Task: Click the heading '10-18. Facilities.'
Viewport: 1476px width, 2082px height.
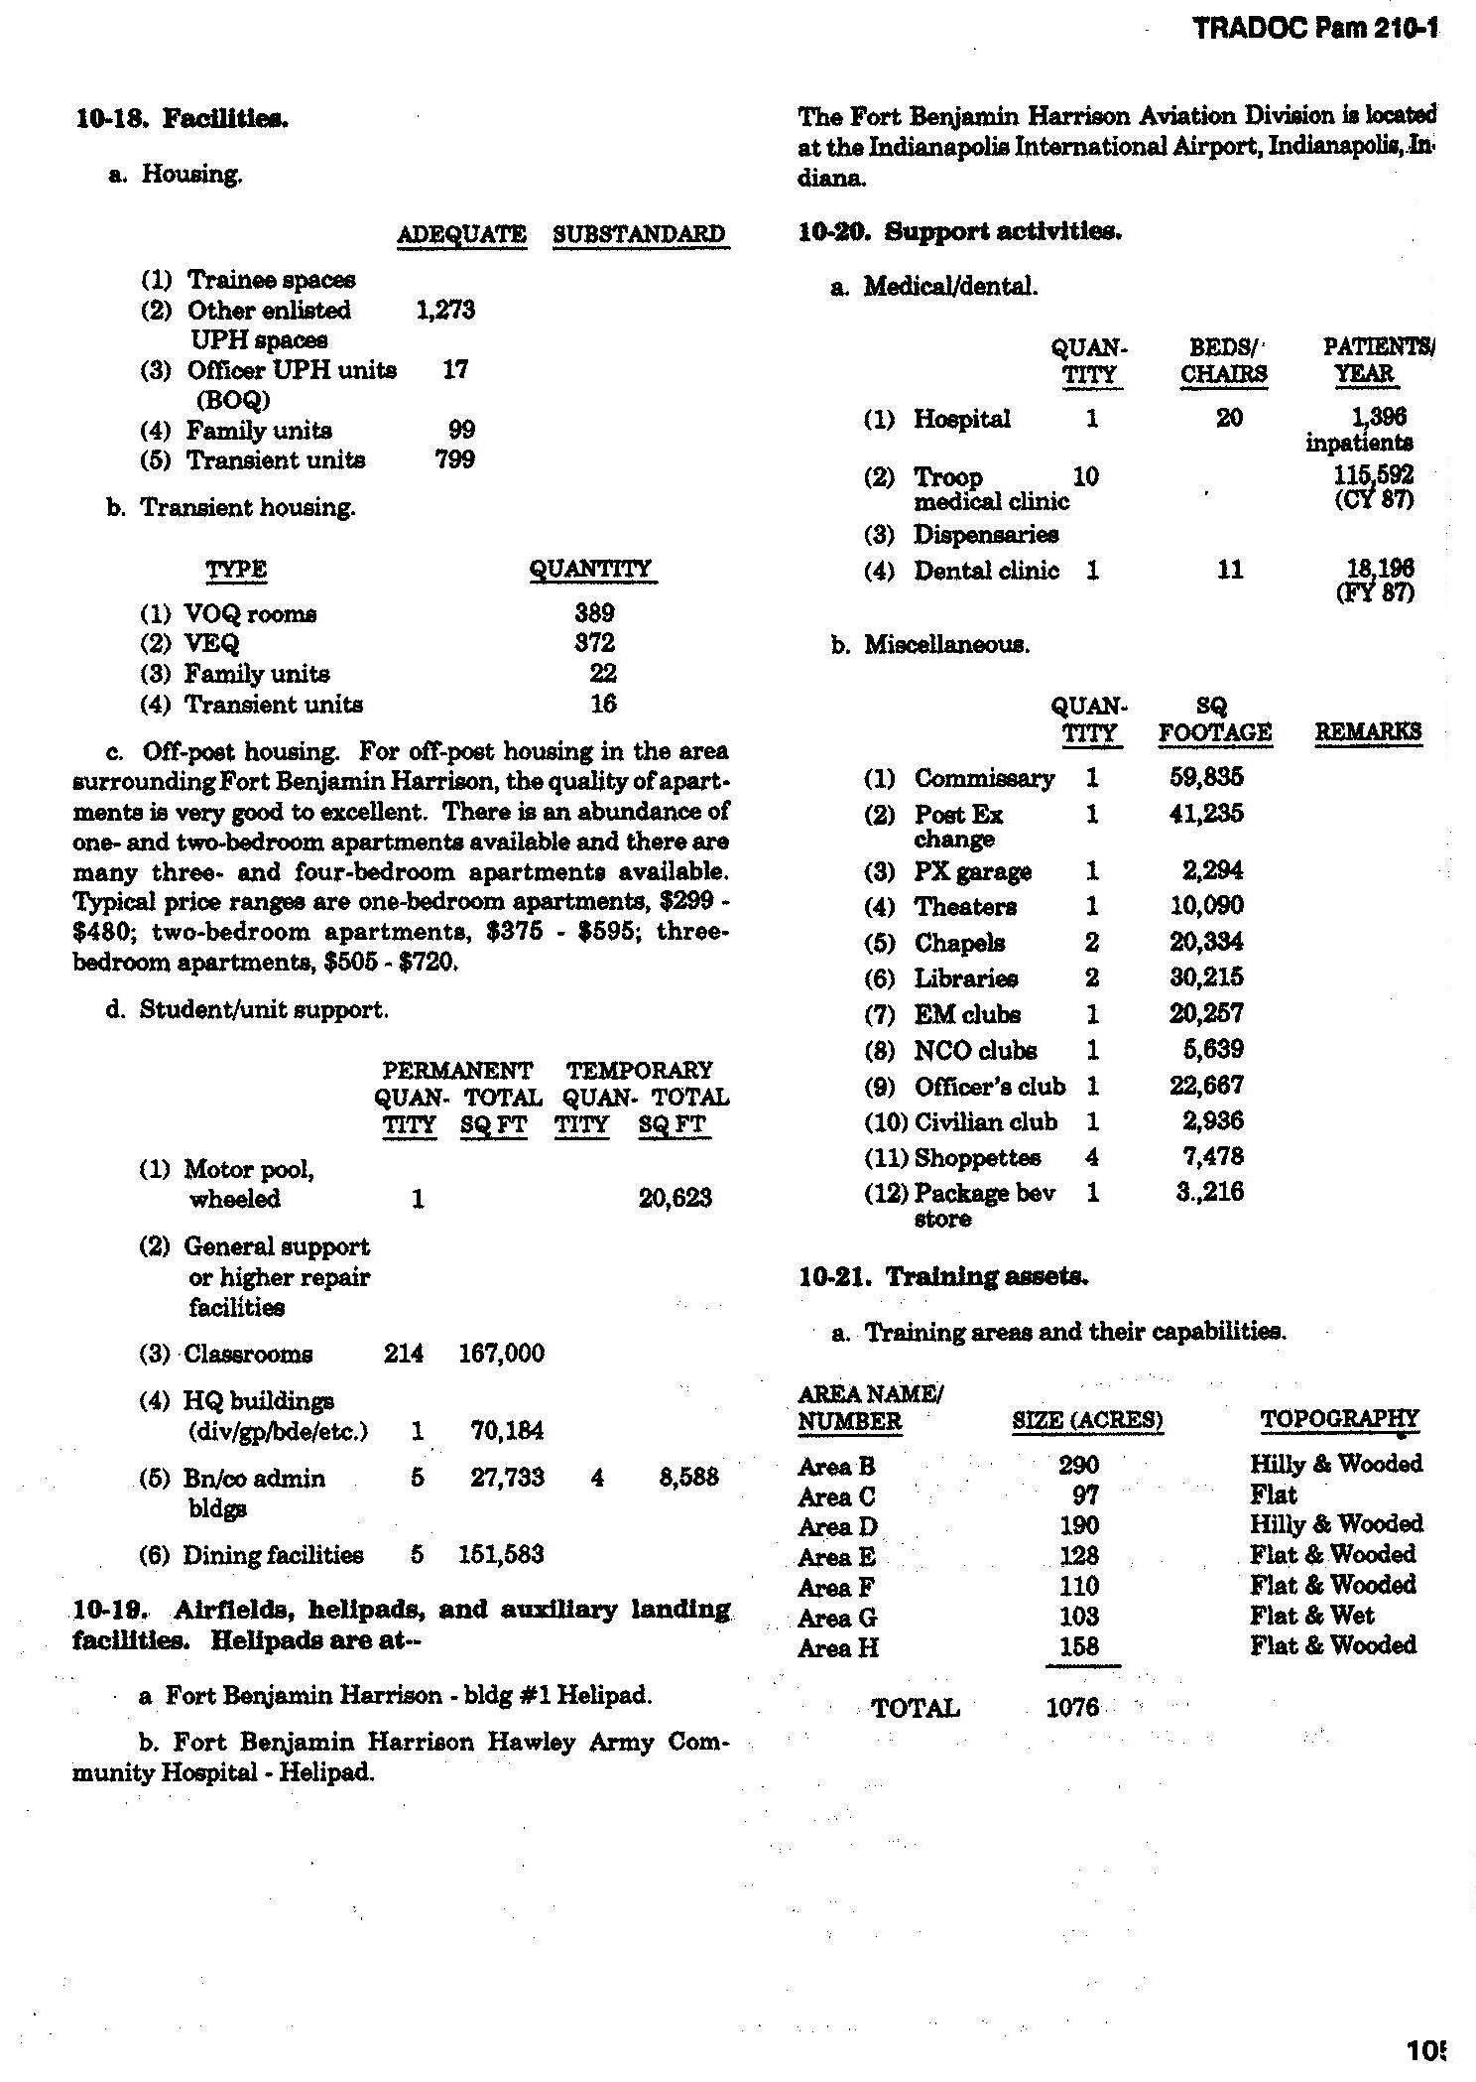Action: tap(182, 119)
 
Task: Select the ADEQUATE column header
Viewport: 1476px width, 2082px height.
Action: tap(461, 235)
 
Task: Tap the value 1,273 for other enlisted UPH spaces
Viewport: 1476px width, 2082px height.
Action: tap(445, 311)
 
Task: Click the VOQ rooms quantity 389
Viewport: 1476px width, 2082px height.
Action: tap(594, 613)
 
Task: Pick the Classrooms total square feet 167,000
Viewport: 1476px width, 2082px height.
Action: tap(501, 1354)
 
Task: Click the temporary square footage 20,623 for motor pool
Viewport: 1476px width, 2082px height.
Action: tap(675, 1198)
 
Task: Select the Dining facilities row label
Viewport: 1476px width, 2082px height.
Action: tap(273, 1555)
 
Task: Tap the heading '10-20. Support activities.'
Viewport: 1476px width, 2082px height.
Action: tap(959, 231)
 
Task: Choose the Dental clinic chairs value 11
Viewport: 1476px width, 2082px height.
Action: tap(1229, 570)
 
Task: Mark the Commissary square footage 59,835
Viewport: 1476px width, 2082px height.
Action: tap(1205, 777)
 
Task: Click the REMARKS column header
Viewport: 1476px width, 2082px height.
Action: tap(1368, 732)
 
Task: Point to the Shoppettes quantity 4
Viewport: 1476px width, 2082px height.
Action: tap(1092, 1157)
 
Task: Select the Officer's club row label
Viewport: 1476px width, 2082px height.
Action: tap(989, 1086)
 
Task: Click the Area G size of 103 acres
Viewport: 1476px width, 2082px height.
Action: tap(1078, 1617)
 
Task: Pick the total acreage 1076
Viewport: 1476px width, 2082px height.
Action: tap(1072, 1707)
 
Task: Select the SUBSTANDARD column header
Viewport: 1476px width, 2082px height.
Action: tap(639, 235)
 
